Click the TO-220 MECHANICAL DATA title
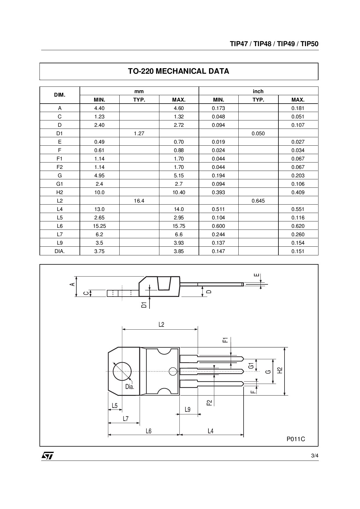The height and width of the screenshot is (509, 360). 179,71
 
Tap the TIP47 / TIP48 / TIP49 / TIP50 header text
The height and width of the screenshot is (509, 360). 274,44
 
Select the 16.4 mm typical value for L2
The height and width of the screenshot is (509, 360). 139,201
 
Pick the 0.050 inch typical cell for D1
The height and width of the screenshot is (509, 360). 258,133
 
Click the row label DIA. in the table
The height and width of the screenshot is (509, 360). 60,251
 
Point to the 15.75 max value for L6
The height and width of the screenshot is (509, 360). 179,226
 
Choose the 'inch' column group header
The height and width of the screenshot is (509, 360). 258,91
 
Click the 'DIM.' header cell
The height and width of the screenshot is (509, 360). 60,95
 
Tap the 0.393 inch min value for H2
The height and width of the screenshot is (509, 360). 218,192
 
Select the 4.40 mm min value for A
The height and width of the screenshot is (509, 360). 99,108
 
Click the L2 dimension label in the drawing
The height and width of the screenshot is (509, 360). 161,324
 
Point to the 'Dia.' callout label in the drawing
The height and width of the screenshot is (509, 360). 129,387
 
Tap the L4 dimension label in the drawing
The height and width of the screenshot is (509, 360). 210,431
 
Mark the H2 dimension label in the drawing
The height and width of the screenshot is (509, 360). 280,370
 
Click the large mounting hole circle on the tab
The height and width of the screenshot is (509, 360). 122,371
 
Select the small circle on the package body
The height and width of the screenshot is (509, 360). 173,371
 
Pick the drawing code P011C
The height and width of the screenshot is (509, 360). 296,439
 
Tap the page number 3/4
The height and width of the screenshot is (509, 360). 315,456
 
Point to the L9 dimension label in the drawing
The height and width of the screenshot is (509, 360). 188,409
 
